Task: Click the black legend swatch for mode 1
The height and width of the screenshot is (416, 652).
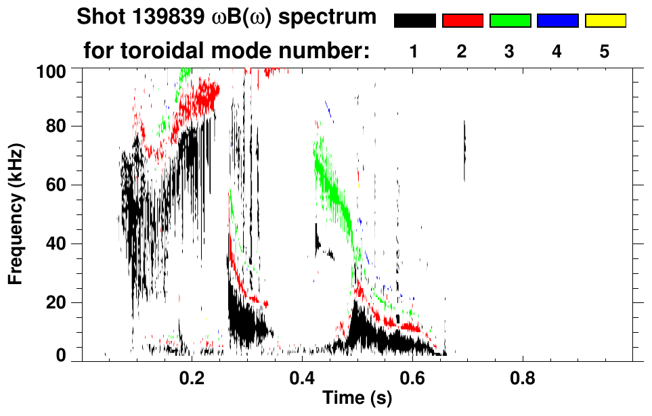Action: click(x=414, y=21)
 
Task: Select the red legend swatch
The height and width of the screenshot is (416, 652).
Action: click(x=462, y=21)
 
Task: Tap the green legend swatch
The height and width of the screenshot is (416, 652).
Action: click(x=510, y=21)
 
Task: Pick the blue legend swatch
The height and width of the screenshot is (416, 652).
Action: click(x=557, y=21)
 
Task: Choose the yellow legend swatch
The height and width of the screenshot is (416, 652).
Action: click(x=605, y=21)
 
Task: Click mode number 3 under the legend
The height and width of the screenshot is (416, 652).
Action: click(x=510, y=51)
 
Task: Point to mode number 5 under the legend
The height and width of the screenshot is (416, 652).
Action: click(x=605, y=51)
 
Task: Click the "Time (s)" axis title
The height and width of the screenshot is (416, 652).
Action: click(x=356, y=399)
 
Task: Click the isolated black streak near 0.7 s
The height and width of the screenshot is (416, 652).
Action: click(x=464, y=151)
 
